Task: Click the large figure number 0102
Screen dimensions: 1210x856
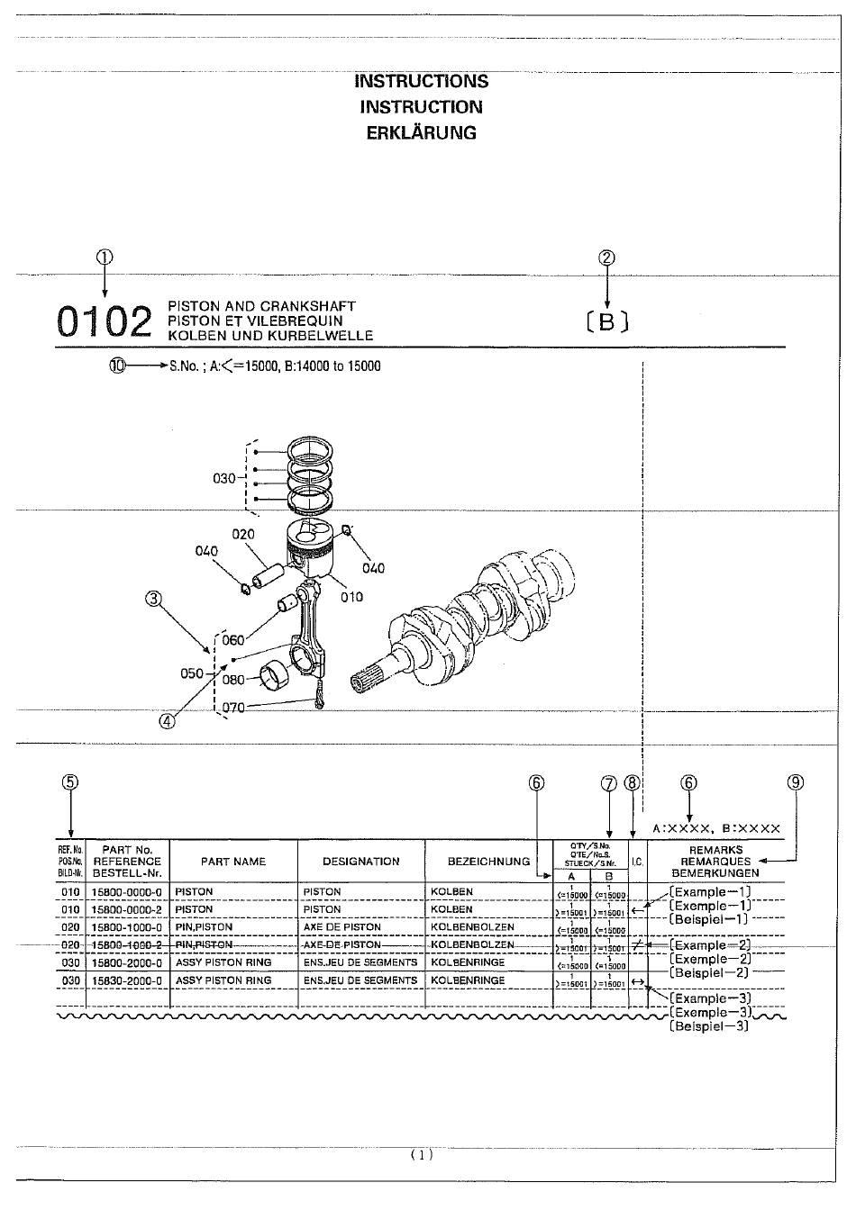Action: [104, 322]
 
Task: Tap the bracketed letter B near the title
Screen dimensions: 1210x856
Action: [607, 321]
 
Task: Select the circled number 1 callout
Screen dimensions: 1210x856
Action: [105, 257]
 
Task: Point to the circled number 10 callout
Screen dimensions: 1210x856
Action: [116, 366]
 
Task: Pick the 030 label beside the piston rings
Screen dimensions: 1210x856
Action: [223, 478]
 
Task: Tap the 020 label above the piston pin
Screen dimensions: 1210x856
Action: [243, 534]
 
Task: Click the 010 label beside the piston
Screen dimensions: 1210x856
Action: [351, 597]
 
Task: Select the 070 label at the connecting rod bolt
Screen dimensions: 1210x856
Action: [233, 708]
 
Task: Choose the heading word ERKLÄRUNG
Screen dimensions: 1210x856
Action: [421, 133]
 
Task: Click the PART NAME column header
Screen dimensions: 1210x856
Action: [233, 862]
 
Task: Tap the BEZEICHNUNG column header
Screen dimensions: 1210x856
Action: [488, 862]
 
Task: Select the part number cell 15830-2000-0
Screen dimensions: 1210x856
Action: [127, 980]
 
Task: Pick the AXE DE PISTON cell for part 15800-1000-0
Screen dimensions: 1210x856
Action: [341, 927]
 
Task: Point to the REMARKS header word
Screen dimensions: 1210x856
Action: [715, 850]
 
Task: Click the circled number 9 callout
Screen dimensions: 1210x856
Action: [795, 782]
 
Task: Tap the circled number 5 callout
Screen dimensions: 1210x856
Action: [70, 782]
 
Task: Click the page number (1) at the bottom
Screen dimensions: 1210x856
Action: [422, 1155]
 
